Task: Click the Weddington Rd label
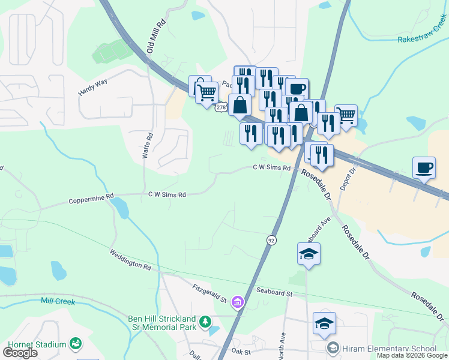130,260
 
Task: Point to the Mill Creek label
58,301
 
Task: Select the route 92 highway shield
271,240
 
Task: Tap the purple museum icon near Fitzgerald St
238,301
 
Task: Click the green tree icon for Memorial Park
205,322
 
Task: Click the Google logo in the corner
20,353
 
